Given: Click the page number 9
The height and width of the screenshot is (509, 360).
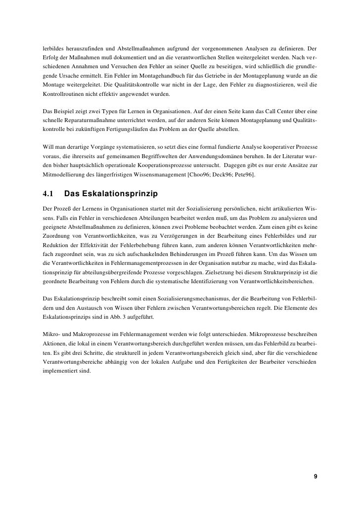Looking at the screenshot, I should click(x=316, y=476).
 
